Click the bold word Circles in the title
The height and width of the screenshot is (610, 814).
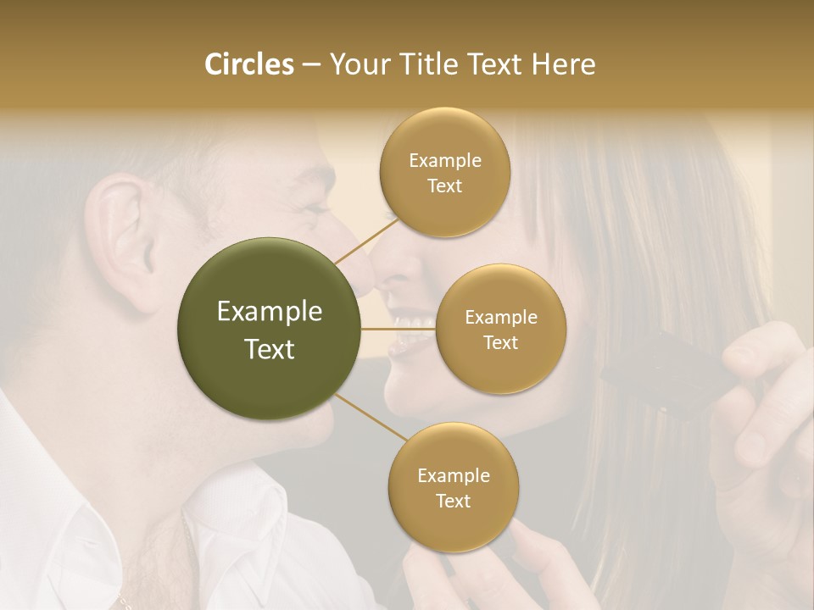point(249,64)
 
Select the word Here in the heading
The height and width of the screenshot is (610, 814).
point(564,64)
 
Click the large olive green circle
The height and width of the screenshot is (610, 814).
point(269,329)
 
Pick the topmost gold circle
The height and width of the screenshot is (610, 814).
point(444,172)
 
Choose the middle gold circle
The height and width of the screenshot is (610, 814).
point(500,329)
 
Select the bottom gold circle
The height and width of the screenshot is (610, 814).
point(453,487)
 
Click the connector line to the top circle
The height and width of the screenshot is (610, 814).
point(365,241)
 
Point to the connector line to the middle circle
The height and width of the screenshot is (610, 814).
point(398,329)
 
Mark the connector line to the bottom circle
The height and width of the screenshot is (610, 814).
point(371,419)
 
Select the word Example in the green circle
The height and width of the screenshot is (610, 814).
point(269,312)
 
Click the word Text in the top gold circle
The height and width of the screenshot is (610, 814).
point(444,186)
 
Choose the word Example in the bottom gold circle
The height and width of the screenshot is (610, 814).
point(453,475)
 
